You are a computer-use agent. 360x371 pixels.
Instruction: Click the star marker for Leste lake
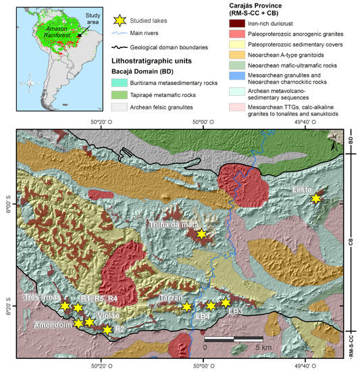[315, 198]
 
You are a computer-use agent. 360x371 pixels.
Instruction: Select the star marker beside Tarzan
[187, 307]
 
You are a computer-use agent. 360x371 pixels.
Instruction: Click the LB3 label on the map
[235, 312]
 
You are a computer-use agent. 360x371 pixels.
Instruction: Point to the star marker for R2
[107, 330]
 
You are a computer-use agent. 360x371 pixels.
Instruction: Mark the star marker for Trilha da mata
[200, 234]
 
